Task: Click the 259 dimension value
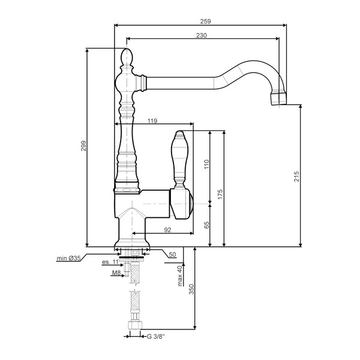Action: (205, 22)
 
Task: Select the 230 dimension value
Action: (202, 35)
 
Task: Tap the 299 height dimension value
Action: (83, 146)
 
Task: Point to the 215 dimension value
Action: (296, 176)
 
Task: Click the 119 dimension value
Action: (152, 121)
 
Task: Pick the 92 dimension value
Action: (167, 230)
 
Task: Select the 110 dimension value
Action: (206, 164)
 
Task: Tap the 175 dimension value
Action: (220, 194)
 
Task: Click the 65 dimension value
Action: (206, 225)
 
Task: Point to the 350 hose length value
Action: (191, 289)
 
